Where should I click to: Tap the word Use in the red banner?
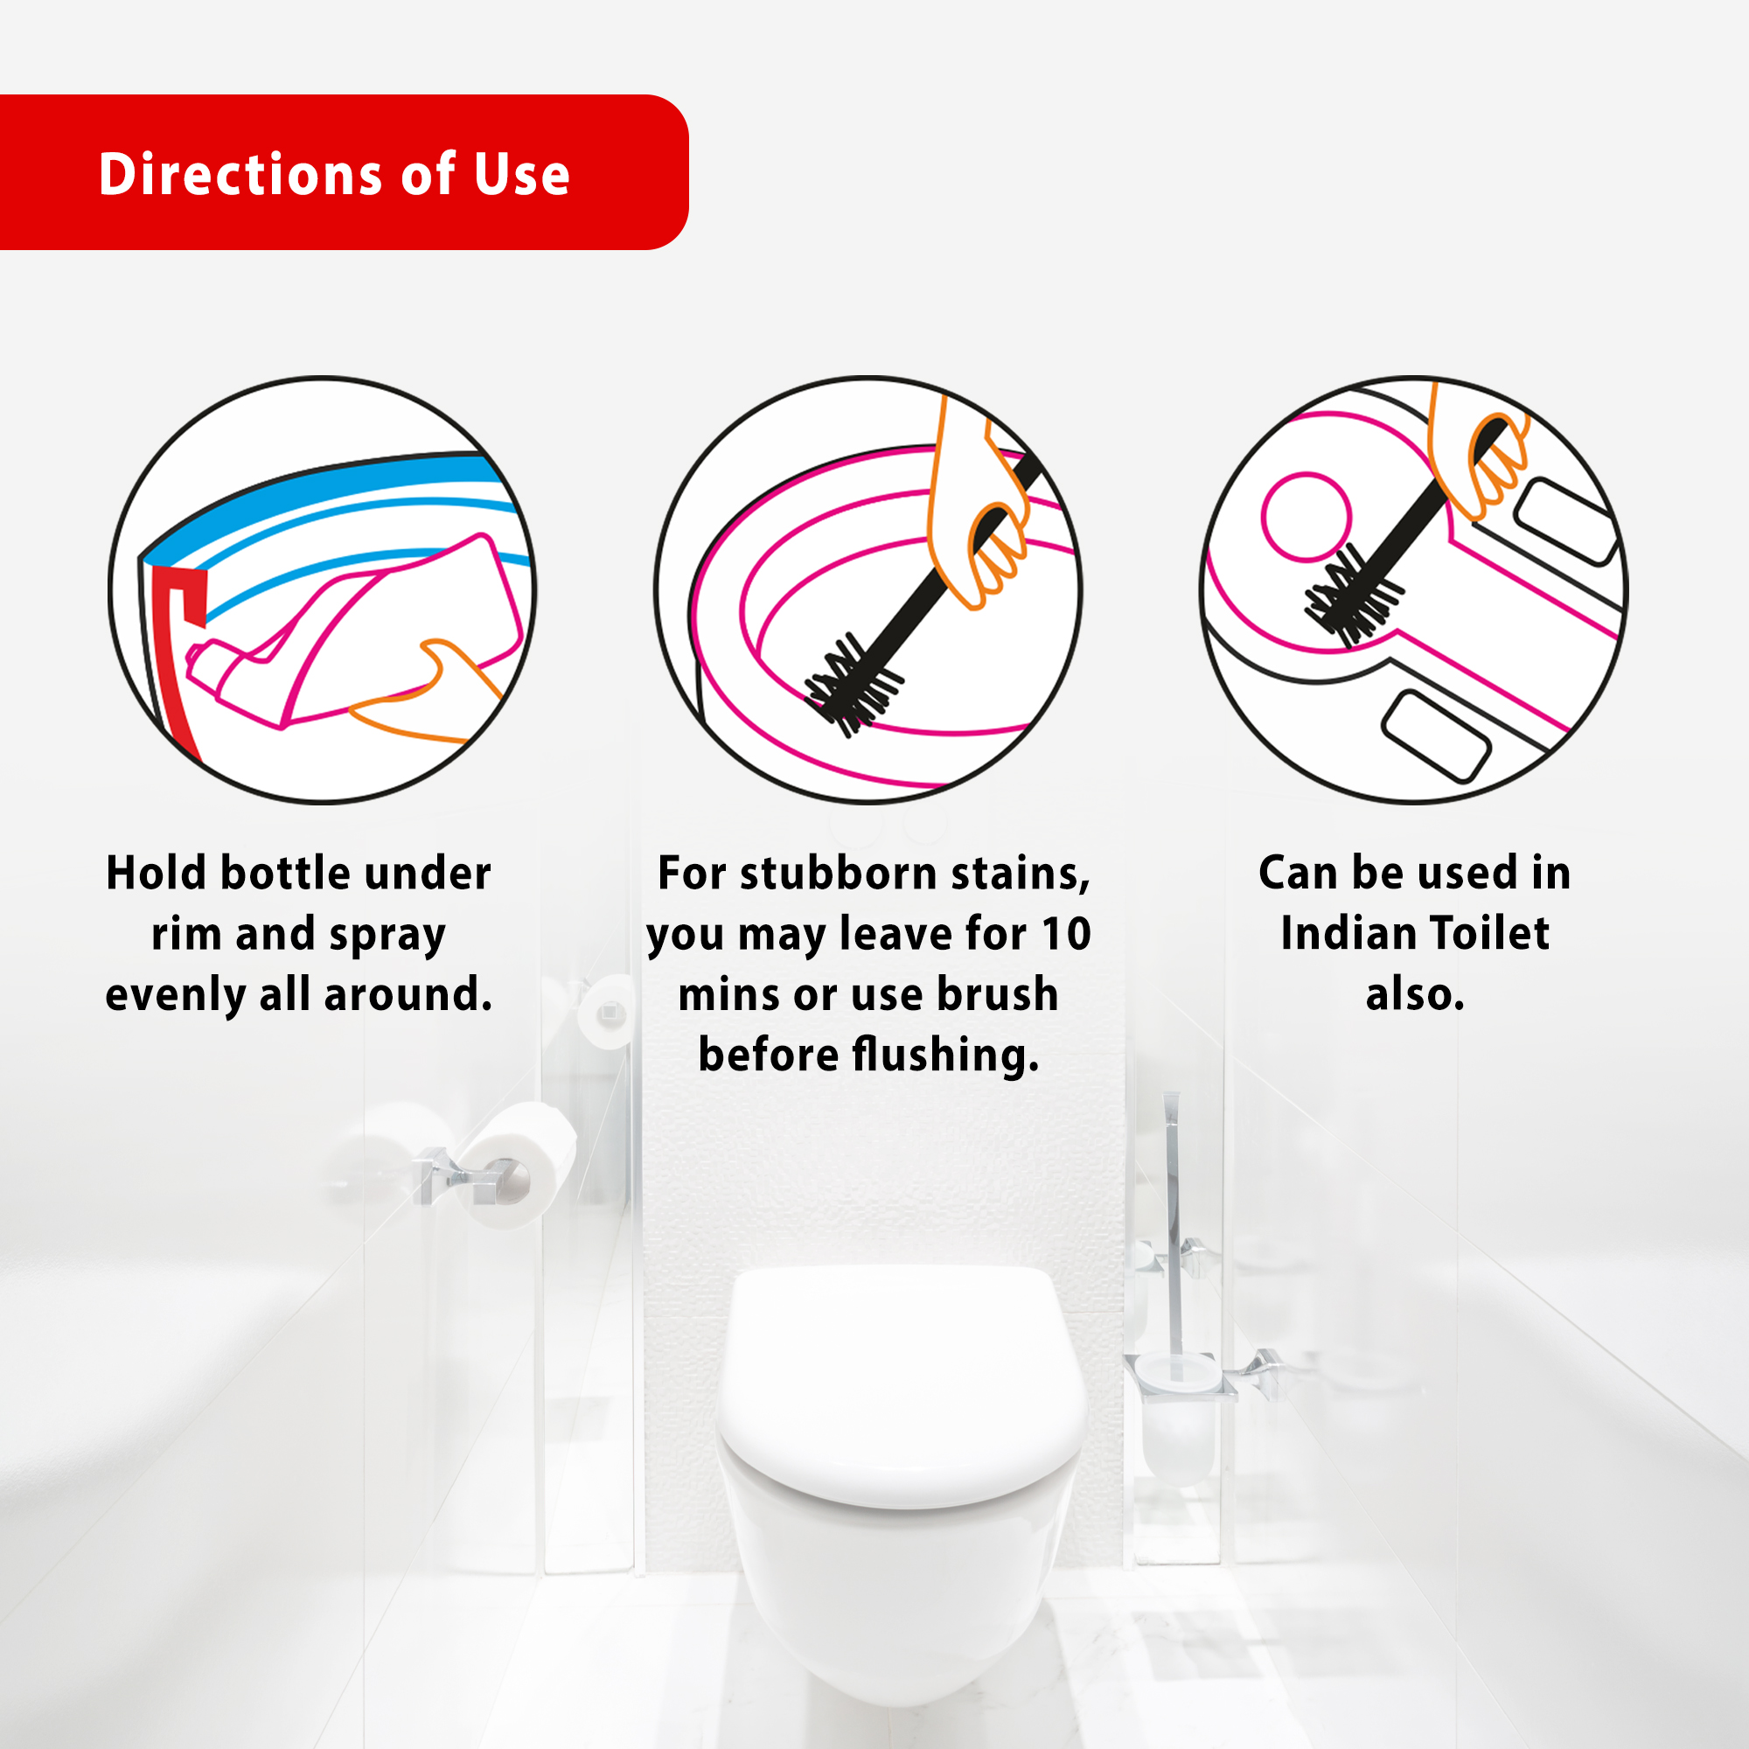tap(521, 174)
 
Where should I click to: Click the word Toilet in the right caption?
tap(1489, 933)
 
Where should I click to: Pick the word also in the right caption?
tap(1415, 995)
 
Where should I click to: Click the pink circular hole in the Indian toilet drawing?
tap(1307, 517)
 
